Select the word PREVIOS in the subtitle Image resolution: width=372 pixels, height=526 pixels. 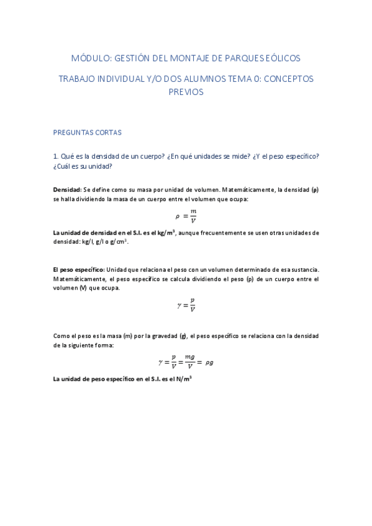(x=186, y=92)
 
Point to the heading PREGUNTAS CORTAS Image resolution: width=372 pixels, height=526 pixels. (x=88, y=132)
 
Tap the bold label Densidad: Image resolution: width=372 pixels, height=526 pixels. (x=67, y=189)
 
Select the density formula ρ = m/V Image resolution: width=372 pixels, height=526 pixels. (x=186, y=215)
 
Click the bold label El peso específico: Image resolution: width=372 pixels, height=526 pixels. (x=79, y=270)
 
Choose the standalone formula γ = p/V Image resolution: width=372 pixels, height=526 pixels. (x=186, y=305)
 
